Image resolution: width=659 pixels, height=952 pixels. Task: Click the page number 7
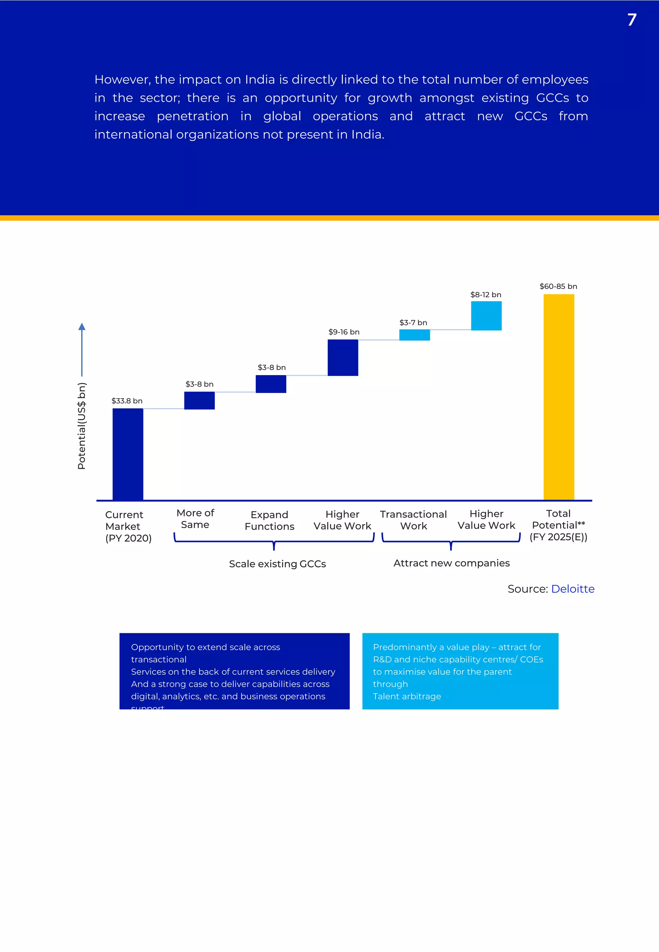(x=632, y=20)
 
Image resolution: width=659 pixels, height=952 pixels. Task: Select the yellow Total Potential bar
(x=558, y=396)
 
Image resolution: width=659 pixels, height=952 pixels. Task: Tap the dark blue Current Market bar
(x=128, y=454)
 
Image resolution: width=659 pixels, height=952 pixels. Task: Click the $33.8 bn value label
(x=127, y=401)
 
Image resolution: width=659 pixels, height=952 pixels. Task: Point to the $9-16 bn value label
(x=344, y=332)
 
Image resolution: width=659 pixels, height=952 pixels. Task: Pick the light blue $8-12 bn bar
(x=486, y=316)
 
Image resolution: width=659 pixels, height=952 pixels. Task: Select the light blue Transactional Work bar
(x=414, y=335)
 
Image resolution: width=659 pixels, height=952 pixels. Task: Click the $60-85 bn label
(x=558, y=286)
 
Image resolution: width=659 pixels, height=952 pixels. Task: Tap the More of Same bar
(x=199, y=401)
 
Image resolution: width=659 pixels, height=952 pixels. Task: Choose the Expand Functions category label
(x=269, y=520)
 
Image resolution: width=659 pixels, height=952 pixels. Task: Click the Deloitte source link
(x=572, y=589)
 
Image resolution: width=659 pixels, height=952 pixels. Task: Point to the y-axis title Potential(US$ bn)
(x=82, y=426)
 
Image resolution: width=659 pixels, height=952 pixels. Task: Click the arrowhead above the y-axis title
(x=82, y=327)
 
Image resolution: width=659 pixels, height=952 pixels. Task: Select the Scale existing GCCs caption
(x=277, y=564)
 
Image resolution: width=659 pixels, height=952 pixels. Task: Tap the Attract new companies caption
(x=451, y=563)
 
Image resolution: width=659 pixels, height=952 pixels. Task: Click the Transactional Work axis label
(x=413, y=520)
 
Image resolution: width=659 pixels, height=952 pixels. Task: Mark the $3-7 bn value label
(x=413, y=322)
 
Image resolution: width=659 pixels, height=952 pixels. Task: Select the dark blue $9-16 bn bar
(x=343, y=357)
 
